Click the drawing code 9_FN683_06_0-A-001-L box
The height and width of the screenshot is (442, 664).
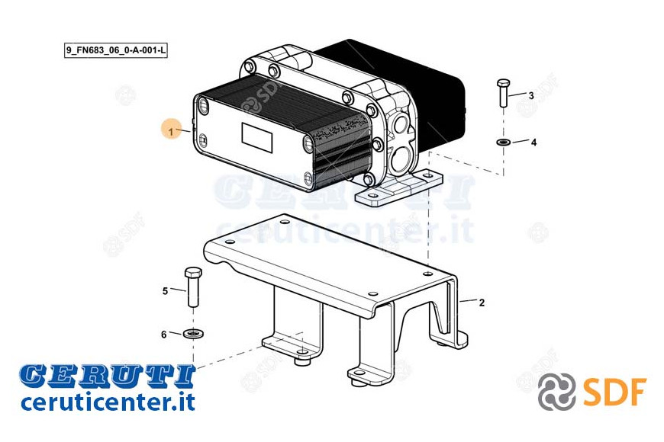tap(115, 50)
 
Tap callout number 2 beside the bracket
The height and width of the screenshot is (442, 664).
tap(482, 303)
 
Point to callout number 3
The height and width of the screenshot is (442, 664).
tap(531, 96)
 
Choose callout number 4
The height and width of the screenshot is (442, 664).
tap(533, 143)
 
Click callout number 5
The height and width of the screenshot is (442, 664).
tap(165, 291)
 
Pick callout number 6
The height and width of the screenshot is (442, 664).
tap(164, 335)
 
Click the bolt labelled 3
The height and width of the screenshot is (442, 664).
tap(503, 92)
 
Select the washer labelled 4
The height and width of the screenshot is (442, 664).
tap(503, 142)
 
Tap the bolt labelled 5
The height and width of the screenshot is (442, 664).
tap(193, 287)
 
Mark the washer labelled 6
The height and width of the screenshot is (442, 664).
tap(194, 333)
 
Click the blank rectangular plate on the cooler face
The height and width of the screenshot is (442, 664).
tap(256, 137)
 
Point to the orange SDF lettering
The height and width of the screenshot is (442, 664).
tap(615, 392)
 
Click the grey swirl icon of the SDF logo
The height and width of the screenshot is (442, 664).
tap(556, 392)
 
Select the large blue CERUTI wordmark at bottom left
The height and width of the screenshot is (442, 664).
tap(107, 376)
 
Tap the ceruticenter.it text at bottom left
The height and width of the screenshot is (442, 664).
tap(108, 402)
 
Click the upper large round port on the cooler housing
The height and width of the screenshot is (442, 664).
tap(400, 125)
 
